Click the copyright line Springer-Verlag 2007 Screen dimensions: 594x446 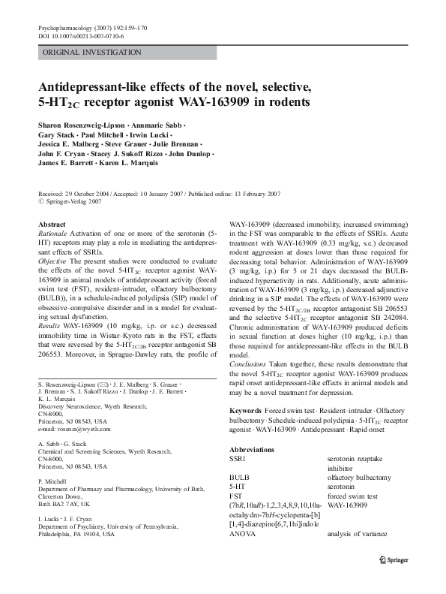coord(73,201)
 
